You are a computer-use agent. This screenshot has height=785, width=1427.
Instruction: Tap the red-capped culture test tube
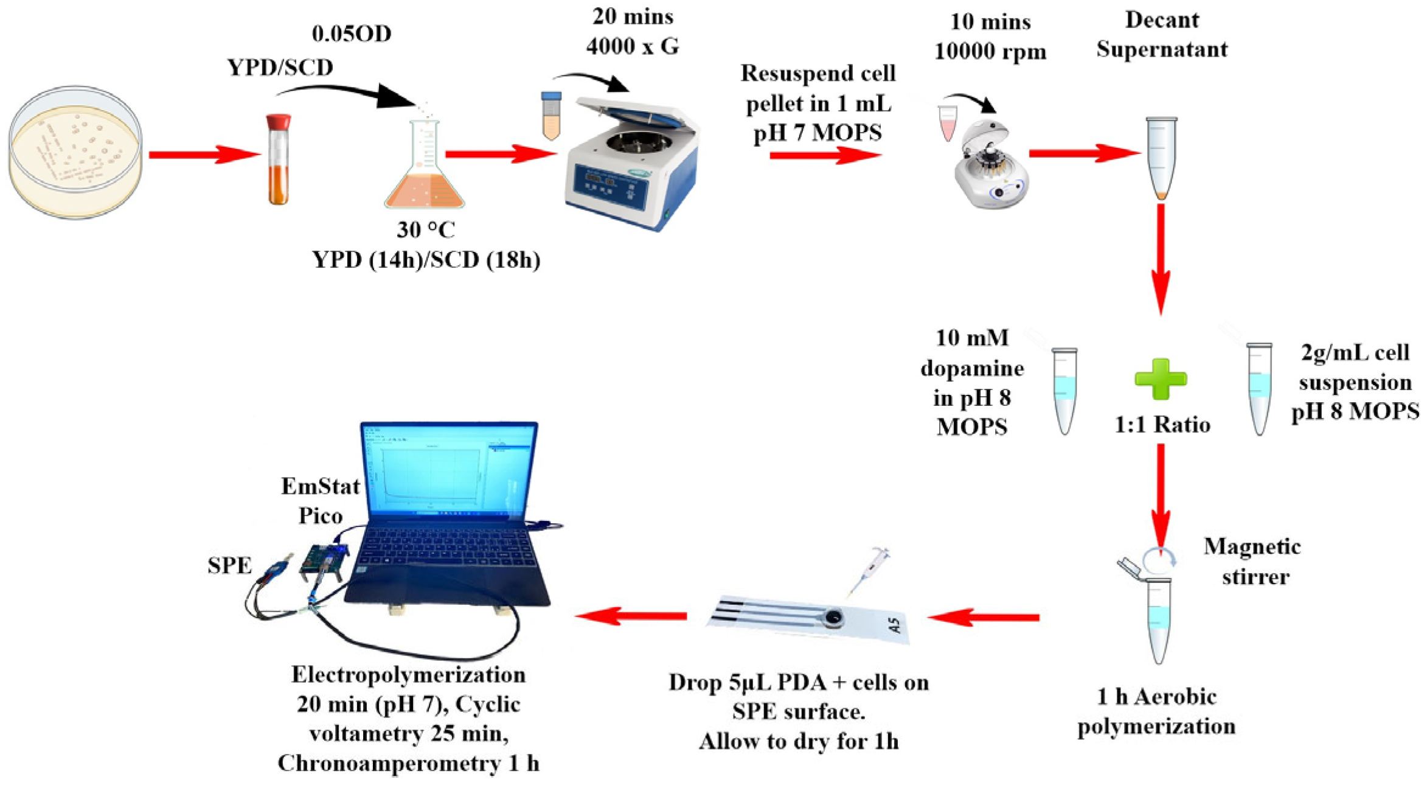point(279,159)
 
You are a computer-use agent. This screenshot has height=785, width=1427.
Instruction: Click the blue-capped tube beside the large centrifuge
point(551,116)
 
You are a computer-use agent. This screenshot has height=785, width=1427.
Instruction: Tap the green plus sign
point(1161,379)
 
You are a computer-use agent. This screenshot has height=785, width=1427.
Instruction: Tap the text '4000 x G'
point(633,46)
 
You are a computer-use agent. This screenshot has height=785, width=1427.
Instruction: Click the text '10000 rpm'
point(990,51)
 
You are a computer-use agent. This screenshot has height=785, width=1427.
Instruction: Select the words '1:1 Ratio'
point(1162,424)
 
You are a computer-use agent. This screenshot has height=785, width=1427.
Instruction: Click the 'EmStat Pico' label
point(321,501)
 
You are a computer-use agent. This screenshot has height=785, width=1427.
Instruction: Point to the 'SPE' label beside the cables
point(229,565)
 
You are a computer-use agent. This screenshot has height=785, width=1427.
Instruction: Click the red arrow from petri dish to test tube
point(204,155)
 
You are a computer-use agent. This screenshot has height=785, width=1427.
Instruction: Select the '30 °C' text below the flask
point(426,230)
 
